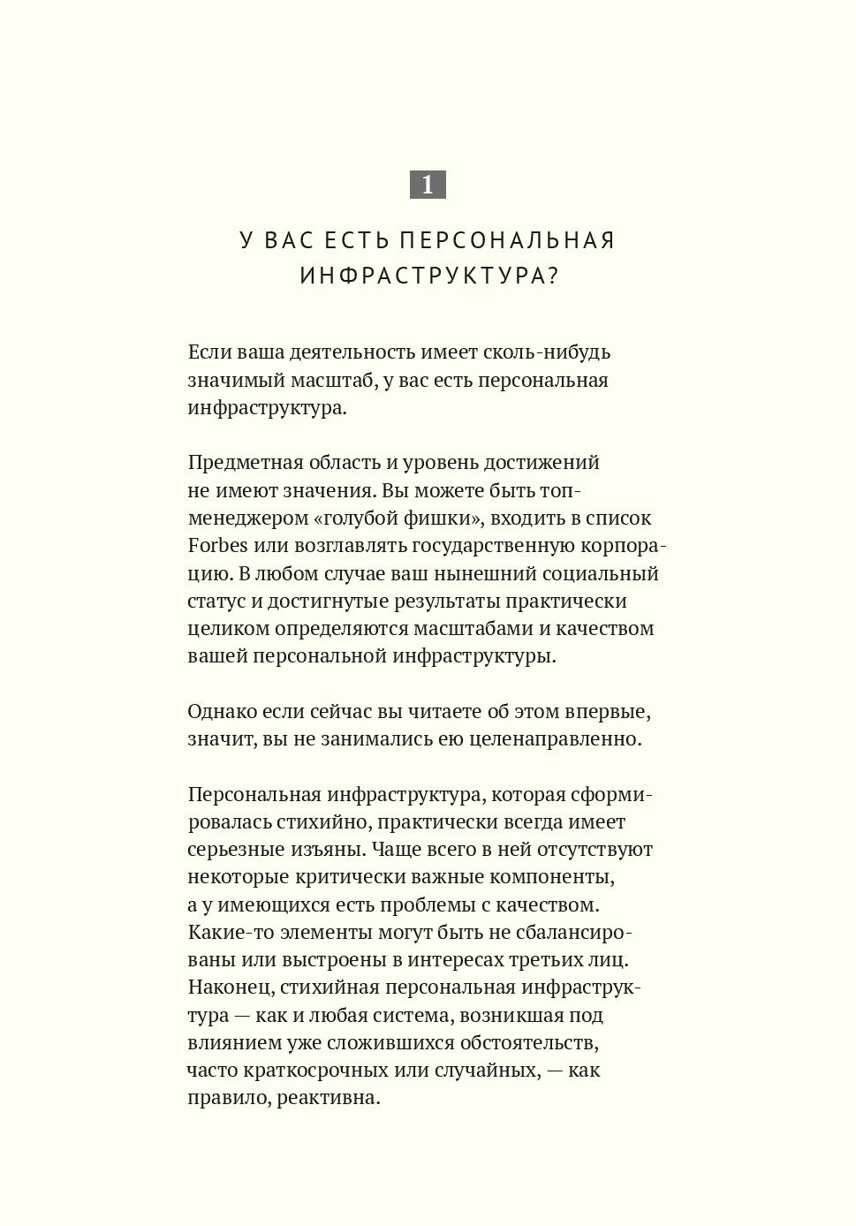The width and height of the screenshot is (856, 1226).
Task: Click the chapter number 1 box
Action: (428, 185)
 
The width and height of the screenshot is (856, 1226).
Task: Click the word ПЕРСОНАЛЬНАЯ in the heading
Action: (507, 240)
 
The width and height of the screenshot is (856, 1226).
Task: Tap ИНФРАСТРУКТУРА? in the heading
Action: (429, 276)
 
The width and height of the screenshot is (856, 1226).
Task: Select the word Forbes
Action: (217, 546)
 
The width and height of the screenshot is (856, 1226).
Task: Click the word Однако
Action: (221, 712)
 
